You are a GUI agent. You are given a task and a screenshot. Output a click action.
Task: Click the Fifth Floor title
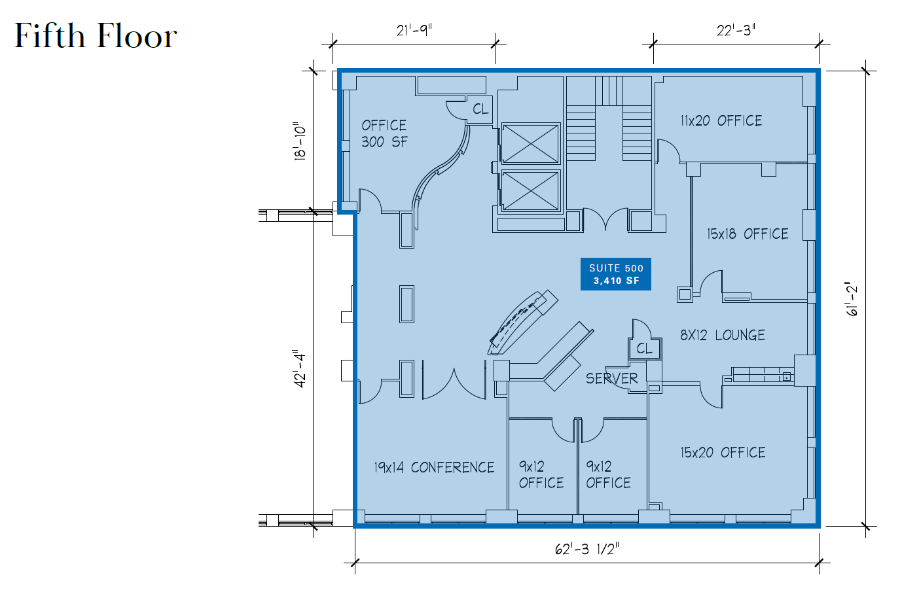pyautogui.click(x=96, y=36)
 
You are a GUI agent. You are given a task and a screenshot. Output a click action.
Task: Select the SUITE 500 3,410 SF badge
pyautogui.click(x=616, y=274)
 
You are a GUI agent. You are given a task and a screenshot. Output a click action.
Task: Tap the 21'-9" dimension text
pyautogui.click(x=414, y=30)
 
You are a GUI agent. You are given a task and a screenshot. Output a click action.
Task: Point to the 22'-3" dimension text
pyautogui.click(x=736, y=30)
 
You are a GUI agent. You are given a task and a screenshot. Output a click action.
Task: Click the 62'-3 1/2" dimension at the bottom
pyautogui.click(x=586, y=549)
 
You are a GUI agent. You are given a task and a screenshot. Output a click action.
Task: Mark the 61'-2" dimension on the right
pyautogui.click(x=852, y=299)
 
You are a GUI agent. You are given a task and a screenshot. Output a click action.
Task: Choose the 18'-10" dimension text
pyautogui.click(x=300, y=141)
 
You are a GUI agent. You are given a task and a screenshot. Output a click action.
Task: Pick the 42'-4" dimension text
pyautogui.click(x=300, y=368)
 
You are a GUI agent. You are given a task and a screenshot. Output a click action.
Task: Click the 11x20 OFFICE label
pyautogui.click(x=721, y=121)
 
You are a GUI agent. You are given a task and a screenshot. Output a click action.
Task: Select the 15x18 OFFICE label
pyautogui.click(x=747, y=234)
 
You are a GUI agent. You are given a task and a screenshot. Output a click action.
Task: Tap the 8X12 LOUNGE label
pyautogui.click(x=722, y=336)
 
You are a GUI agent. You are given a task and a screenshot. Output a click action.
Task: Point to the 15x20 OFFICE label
pyautogui.click(x=723, y=453)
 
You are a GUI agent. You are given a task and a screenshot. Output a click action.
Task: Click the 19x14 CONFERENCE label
pyautogui.click(x=434, y=468)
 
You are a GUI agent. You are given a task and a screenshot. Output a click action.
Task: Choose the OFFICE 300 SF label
pyautogui.click(x=384, y=133)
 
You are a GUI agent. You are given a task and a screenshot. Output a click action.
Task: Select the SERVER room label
pyautogui.click(x=611, y=379)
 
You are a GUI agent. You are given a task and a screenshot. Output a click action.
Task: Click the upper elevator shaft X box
pyautogui.click(x=530, y=143)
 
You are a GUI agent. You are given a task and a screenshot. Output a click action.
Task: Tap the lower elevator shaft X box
pyautogui.click(x=530, y=190)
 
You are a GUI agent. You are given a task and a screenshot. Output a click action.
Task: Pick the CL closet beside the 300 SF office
pyautogui.click(x=480, y=109)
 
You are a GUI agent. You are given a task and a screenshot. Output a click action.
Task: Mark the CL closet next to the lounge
pyautogui.click(x=644, y=349)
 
